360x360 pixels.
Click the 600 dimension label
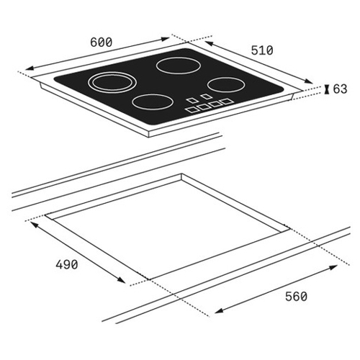[x=102, y=42]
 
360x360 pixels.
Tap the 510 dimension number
[x=262, y=50]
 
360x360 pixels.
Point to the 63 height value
[x=340, y=89]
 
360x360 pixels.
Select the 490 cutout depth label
[x=67, y=264]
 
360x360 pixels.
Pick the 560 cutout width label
[x=296, y=297]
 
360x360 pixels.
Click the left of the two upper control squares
[x=192, y=100]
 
